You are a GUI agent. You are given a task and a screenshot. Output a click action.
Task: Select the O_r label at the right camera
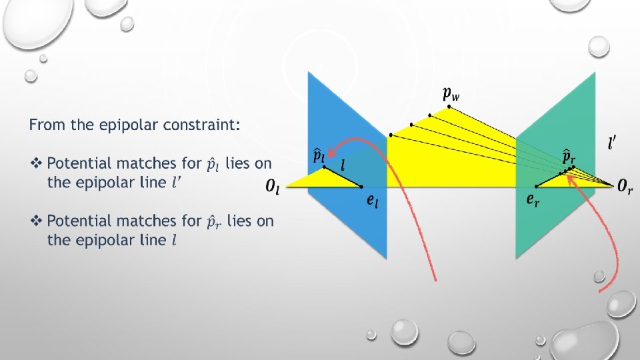(x=625, y=187)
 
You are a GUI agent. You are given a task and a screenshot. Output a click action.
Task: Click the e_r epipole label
(x=533, y=199)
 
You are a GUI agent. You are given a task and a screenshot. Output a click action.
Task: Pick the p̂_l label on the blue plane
(x=319, y=155)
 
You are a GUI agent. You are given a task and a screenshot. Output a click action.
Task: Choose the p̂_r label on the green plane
(x=568, y=157)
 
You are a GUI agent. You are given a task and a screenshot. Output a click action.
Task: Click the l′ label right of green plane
(x=611, y=143)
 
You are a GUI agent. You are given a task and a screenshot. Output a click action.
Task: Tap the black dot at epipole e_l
(x=361, y=187)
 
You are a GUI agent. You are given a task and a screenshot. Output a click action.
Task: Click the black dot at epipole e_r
(x=537, y=186)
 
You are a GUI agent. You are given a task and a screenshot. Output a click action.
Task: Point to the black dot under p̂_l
(x=325, y=167)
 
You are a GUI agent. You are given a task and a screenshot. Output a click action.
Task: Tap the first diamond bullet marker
(x=37, y=163)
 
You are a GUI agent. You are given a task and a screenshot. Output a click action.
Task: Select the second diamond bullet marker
(x=37, y=221)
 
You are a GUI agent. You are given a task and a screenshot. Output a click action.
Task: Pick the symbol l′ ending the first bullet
(x=176, y=182)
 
